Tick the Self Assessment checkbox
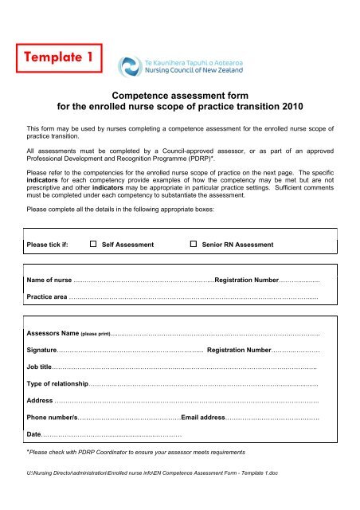pyautogui.click(x=93, y=244)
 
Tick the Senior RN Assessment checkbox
pyautogui.click(x=194, y=244)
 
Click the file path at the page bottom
pyautogui.click(x=151, y=495)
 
